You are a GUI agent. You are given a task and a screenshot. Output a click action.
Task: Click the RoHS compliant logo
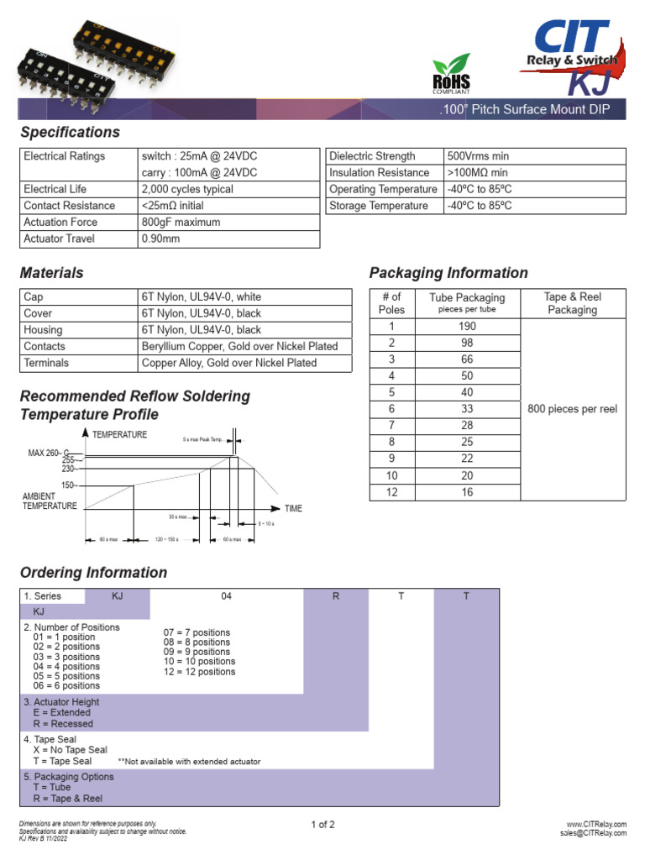click(451, 76)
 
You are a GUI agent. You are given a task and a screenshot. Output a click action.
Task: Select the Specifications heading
click(70, 132)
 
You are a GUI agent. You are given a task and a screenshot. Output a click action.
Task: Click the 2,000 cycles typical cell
click(187, 189)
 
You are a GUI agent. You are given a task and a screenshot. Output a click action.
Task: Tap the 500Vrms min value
click(478, 156)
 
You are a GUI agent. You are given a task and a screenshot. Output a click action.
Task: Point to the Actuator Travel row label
click(60, 239)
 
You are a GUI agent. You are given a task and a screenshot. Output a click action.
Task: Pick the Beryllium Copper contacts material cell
click(239, 346)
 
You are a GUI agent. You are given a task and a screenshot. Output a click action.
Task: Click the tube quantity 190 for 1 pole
click(467, 327)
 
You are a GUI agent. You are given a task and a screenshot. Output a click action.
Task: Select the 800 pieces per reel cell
click(572, 409)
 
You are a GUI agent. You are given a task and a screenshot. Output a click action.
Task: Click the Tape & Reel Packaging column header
click(572, 303)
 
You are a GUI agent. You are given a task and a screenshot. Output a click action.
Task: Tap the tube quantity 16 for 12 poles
click(467, 492)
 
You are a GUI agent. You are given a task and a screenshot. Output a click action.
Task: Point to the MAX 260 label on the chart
click(48, 453)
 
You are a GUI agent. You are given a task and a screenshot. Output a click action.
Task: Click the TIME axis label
click(293, 509)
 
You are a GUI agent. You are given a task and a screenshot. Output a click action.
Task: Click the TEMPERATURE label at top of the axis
click(119, 434)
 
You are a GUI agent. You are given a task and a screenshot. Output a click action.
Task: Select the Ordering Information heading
click(93, 573)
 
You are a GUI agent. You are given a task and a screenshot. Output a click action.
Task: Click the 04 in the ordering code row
click(226, 596)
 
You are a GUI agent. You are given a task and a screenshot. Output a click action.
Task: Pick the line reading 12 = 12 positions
click(200, 672)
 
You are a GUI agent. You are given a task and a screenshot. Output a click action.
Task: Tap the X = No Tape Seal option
click(71, 750)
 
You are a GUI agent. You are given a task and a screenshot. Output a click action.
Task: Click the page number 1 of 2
click(322, 825)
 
